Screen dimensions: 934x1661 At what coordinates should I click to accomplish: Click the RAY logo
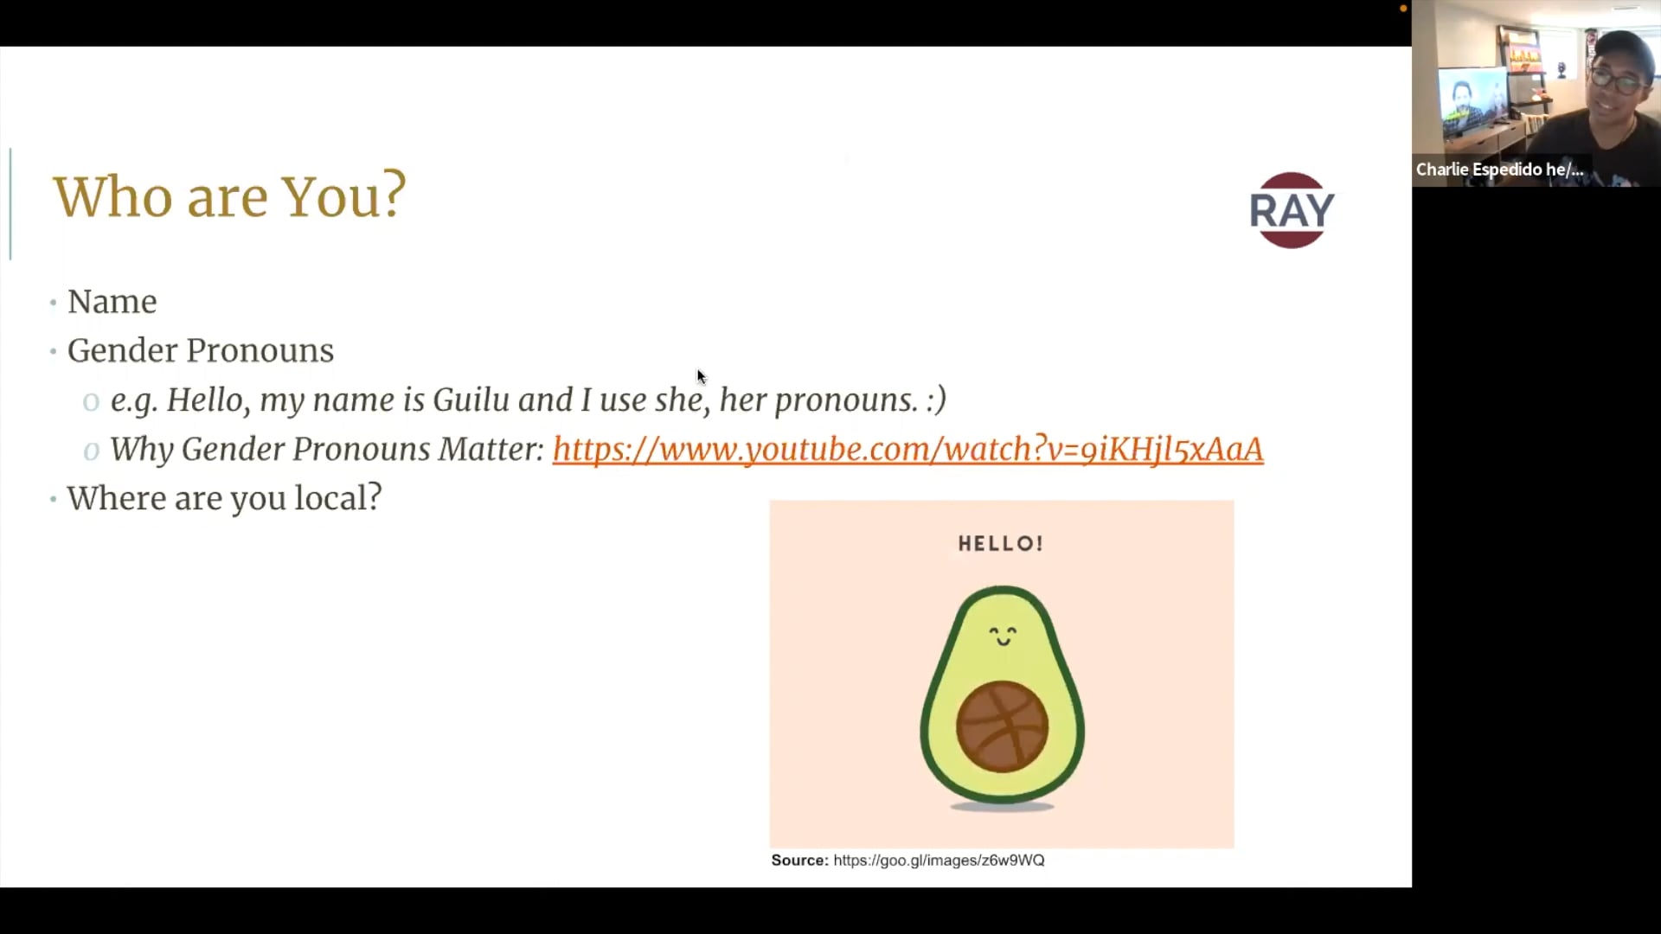point(1292,210)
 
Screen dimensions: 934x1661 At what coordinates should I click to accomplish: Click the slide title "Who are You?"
point(229,196)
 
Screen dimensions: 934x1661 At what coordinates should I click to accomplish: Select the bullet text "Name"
point(112,302)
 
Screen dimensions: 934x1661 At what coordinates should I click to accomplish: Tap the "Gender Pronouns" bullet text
point(201,350)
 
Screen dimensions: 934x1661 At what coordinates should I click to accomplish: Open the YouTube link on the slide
point(907,449)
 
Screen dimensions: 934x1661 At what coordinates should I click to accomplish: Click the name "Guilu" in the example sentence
point(471,400)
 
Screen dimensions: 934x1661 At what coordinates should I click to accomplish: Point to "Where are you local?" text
point(224,498)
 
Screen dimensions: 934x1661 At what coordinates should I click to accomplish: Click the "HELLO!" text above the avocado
point(1001,544)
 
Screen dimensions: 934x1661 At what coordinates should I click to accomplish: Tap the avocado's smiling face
point(1003,636)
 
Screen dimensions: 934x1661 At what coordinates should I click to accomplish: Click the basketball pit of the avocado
point(1002,726)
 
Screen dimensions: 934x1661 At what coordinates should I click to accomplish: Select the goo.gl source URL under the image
point(939,860)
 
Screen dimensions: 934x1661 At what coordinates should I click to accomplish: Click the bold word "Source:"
point(799,860)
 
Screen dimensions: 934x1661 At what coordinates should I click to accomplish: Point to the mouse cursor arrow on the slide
point(701,376)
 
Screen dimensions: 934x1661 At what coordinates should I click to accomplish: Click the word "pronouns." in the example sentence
point(846,400)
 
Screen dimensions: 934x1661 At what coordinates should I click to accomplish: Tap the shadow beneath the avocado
point(1002,807)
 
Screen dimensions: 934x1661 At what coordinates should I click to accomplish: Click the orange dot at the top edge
point(1403,9)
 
